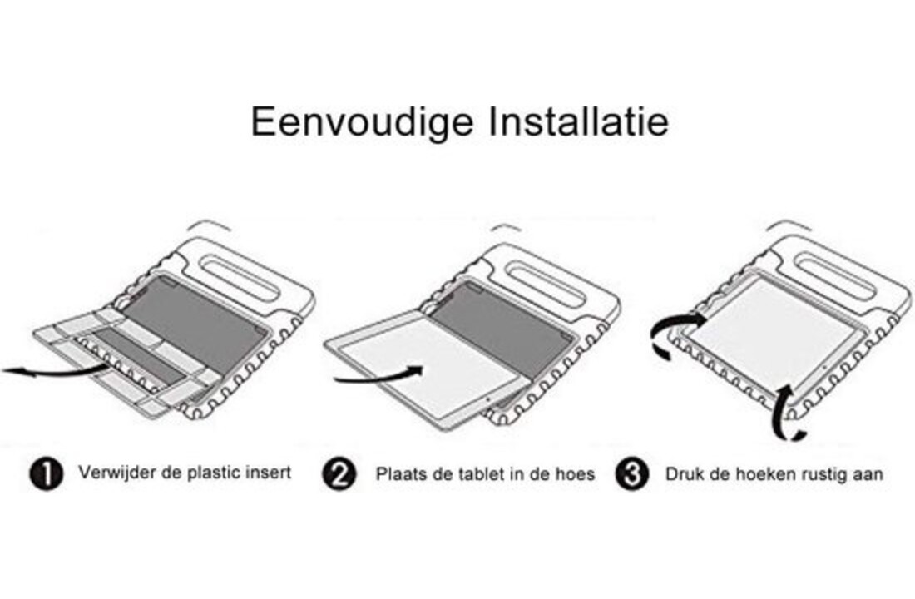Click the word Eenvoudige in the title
point(363,122)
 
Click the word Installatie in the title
point(578,121)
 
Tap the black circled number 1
point(46,473)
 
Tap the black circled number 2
point(339,474)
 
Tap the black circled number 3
point(632,474)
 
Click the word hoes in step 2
point(575,473)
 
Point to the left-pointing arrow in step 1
point(56,370)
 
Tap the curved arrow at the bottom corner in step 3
point(785,413)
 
